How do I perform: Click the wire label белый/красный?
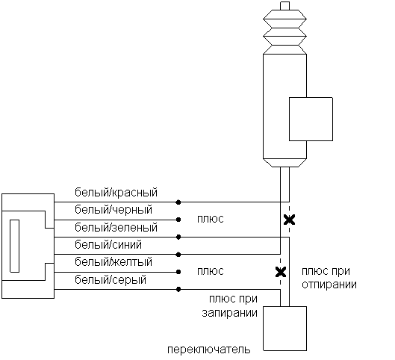(x=116, y=193)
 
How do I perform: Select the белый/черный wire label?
(x=113, y=210)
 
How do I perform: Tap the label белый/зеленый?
(x=116, y=227)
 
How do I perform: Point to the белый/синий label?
(x=108, y=245)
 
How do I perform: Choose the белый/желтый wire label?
(x=113, y=262)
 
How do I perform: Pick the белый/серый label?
(x=111, y=280)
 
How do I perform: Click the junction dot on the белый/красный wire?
(x=178, y=202)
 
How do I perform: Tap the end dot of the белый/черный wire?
(x=178, y=220)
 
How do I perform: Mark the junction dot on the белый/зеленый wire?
(x=178, y=237)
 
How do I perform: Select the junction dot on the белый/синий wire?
(x=178, y=255)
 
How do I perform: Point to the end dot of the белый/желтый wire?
(x=178, y=272)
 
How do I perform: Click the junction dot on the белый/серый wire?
(x=178, y=290)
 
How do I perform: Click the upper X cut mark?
(x=289, y=220)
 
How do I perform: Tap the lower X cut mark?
(x=281, y=272)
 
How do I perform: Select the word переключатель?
(x=209, y=350)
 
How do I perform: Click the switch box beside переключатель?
(x=285, y=329)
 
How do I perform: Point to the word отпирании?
(x=329, y=285)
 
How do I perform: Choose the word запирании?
(x=229, y=313)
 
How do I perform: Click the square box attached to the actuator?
(x=311, y=119)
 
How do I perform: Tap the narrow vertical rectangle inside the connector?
(x=15, y=246)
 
